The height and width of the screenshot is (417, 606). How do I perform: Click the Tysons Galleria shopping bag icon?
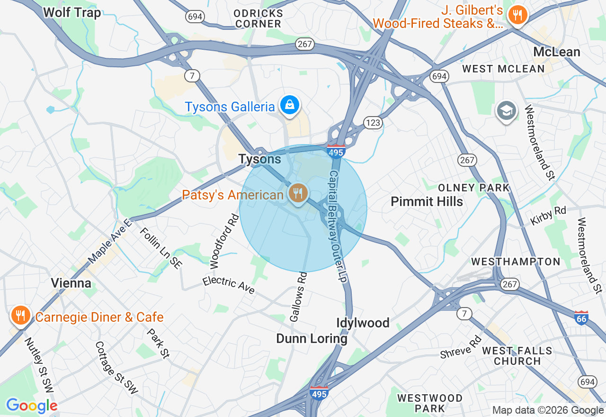click(x=288, y=105)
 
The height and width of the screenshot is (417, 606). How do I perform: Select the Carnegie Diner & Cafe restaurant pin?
click(x=20, y=315)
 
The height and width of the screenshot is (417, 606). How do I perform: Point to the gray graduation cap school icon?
click(x=506, y=111)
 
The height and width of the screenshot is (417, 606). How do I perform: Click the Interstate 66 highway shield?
click(x=581, y=317)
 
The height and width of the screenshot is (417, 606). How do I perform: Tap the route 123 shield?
click(x=373, y=123)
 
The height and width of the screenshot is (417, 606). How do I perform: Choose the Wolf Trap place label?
click(x=72, y=12)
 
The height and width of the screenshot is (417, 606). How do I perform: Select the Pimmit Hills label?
click(x=427, y=201)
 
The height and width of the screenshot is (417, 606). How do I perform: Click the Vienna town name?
click(x=71, y=283)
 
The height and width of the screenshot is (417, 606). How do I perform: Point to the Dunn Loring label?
click(x=312, y=339)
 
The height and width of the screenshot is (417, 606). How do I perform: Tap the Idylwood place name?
click(x=363, y=323)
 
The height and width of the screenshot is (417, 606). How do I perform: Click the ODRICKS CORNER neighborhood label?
click(x=258, y=18)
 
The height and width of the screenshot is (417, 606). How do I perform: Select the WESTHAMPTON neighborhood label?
click(x=516, y=262)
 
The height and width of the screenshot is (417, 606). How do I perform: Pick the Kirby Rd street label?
click(x=548, y=216)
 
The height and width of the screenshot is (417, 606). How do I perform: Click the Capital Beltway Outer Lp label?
click(x=338, y=227)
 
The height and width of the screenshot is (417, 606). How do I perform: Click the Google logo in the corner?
click(x=32, y=406)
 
